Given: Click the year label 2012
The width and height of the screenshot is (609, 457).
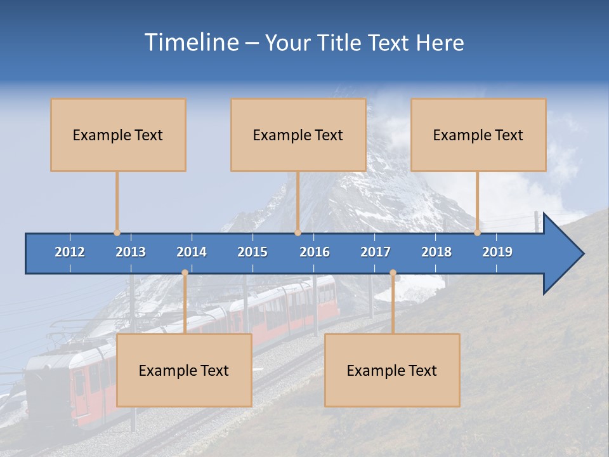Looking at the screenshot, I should [70, 252].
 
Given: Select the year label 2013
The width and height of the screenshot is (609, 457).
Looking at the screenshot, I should [131, 252].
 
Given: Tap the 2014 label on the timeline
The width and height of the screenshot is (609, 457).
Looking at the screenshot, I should [192, 252].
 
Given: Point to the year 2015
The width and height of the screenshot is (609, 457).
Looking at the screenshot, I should [252, 252].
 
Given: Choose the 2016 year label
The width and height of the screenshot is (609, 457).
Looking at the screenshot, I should [315, 252].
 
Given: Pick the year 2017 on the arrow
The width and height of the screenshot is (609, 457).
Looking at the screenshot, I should [376, 252].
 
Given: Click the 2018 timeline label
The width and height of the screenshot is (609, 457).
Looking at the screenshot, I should [436, 252].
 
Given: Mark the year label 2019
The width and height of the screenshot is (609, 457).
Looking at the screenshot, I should [497, 252].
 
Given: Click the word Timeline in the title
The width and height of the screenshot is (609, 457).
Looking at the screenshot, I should [191, 43].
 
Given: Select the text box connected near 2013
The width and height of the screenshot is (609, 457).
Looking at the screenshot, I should [118, 135].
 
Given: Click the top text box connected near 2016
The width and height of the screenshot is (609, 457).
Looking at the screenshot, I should [298, 135].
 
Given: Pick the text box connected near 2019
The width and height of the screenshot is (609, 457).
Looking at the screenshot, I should [478, 135].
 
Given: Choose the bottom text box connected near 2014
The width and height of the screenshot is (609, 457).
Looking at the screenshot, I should [184, 370].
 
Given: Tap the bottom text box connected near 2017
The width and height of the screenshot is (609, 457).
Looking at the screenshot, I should [392, 370].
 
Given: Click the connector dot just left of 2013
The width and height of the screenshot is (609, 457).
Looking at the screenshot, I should [117, 233].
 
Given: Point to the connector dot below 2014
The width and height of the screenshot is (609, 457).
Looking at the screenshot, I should [185, 273].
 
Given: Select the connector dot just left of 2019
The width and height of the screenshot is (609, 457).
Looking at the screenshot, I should [477, 233].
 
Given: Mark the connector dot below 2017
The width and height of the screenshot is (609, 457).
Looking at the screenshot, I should [393, 273].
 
